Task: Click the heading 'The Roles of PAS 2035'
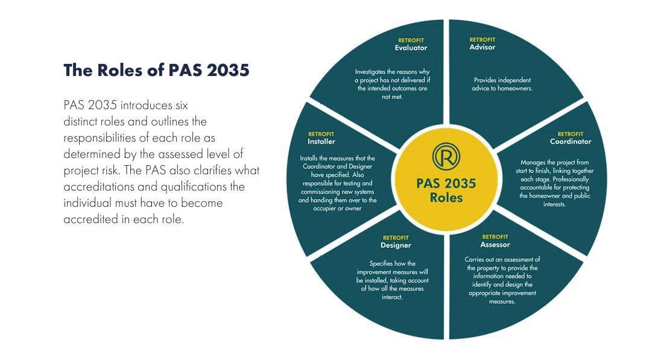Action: click(x=156, y=70)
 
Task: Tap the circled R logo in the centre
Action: click(x=446, y=156)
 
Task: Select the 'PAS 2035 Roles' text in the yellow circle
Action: click(x=446, y=190)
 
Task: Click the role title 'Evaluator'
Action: click(x=411, y=48)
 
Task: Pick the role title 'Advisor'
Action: click(x=482, y=48)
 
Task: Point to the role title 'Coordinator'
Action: click(x=570, y=142)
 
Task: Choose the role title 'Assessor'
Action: click(x=495, y=245)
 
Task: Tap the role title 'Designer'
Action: click(x=396, y=245)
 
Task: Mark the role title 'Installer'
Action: click(x=321, y=142)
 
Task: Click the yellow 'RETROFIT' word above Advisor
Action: click(x=482, y=40)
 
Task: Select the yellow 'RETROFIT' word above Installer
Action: click(x=321, y=134)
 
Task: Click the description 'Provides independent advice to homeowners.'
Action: click(x=502, y=84)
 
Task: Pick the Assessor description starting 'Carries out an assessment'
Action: click(x=502, y=280)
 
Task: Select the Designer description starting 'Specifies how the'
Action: click(x=392, y=280)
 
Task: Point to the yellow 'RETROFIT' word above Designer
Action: click(x=396, y=238)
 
